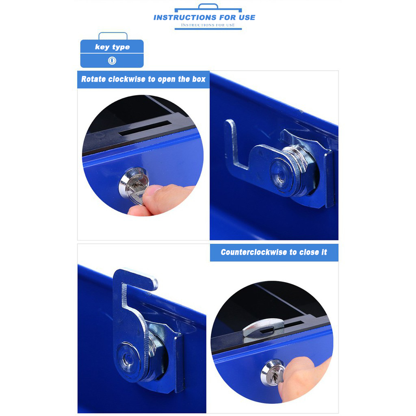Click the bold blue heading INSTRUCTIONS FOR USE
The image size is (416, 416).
click(x=204, y=17)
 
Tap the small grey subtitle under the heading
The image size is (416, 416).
click(x=208, y=25)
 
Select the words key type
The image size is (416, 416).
click(x=112, y=47)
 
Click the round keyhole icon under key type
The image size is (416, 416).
click(x=112, y=61)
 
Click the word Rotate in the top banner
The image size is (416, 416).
click(x=93, y=79)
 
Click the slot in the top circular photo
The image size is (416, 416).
click(x=145, y=128)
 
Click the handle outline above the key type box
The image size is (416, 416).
click(x=113, y=33)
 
